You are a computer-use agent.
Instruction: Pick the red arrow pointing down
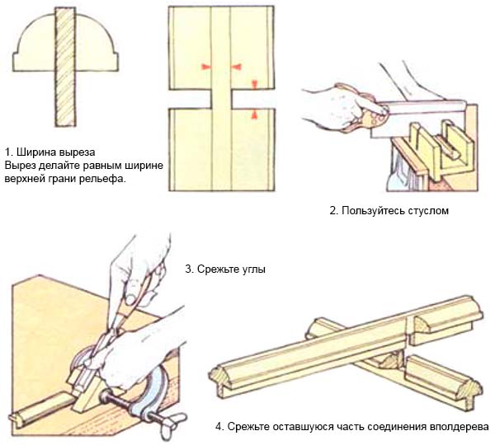pyautogui.click(x=255, y=83)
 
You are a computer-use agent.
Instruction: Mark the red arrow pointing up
pyautogui.click(x=255, y=114)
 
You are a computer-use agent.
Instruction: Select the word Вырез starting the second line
pyautogui.click(x=21, y=166)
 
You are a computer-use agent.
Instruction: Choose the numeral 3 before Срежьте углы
pyautogui.click(x=190, y=269)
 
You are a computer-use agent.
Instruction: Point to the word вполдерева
pyautogui.click(x=460, y=427)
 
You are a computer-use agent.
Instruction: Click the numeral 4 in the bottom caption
pyautogui.click(x=219, y=427)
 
